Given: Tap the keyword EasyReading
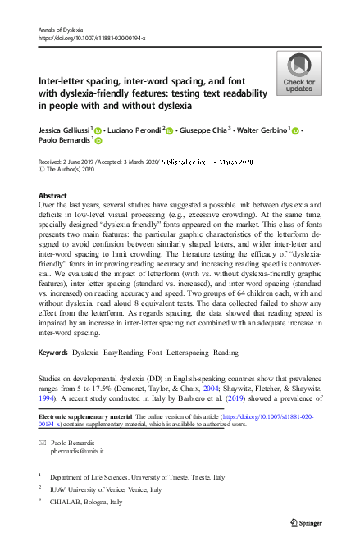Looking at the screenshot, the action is tap(124, 375).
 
